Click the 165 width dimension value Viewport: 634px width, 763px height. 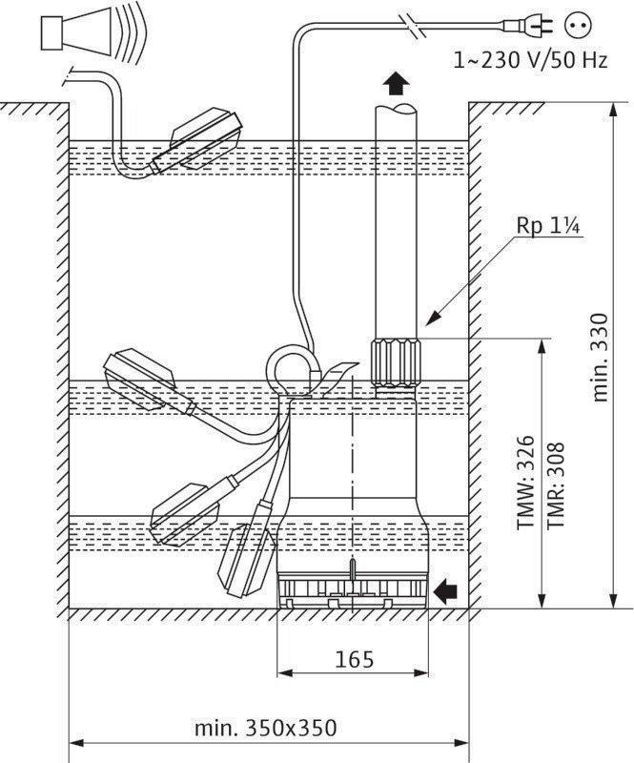coord(355,659)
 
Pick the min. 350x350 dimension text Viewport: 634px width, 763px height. coord(266,728)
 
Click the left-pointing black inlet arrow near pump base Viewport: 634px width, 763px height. coord(443,592)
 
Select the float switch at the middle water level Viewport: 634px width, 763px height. coord(143,380)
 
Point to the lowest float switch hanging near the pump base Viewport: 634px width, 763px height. coord(245,558)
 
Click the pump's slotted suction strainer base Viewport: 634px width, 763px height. coord(353,590)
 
